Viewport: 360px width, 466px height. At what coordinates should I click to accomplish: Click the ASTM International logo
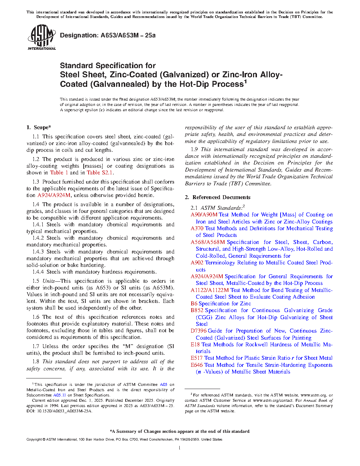[41, 37]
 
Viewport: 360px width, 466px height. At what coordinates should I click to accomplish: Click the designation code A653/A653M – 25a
[128, 35]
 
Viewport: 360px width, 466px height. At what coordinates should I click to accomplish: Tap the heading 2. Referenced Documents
[218, 197]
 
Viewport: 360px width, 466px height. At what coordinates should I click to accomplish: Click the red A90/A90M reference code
[204, 215]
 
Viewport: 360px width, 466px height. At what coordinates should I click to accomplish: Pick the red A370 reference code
[197, 228]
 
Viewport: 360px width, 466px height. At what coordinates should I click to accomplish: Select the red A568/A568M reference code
[208, 242]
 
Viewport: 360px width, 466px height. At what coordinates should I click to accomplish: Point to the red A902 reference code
[197, 263]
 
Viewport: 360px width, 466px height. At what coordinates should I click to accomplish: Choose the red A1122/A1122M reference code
[210, 290]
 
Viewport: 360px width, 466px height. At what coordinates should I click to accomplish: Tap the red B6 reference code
[194, 304]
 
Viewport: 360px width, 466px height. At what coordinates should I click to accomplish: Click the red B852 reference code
[197, 310]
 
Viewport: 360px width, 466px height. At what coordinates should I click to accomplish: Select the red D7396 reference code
[198, 331]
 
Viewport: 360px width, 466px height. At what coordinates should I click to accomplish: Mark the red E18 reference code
[195, 345]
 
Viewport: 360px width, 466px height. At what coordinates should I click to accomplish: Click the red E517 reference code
[197, 358]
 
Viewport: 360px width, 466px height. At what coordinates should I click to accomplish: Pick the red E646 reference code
[197, 365]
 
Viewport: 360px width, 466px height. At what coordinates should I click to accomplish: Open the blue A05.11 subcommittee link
[60, 395]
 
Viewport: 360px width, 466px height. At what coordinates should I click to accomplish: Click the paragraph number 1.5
[36, 281]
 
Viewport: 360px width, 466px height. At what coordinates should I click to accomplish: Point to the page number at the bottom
[180, 448]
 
